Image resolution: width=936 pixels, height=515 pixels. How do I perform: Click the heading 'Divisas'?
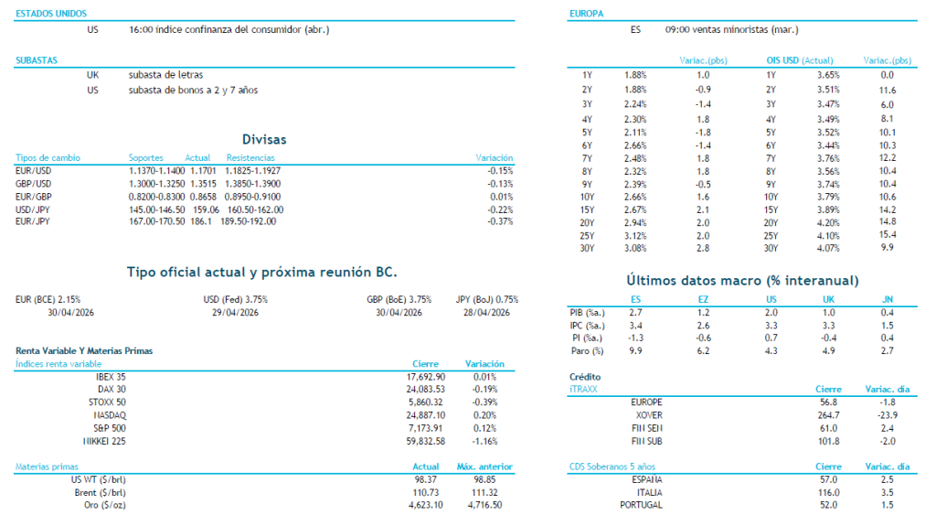tap(263, 140)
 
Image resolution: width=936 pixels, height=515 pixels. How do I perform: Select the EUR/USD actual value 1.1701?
tap(198, 170)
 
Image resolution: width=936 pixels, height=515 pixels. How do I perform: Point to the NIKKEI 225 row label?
tap(105, 441)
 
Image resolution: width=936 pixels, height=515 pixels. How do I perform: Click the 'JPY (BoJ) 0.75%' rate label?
tap(486, 299)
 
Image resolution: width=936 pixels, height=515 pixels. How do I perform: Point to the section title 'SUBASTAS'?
tap(37, 60)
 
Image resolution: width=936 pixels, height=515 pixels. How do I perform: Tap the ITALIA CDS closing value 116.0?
tap(828, 492)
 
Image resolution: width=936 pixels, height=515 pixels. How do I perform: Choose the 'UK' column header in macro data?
tap(828, 299)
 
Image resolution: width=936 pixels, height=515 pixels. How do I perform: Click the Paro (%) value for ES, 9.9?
tap(635, 350)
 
